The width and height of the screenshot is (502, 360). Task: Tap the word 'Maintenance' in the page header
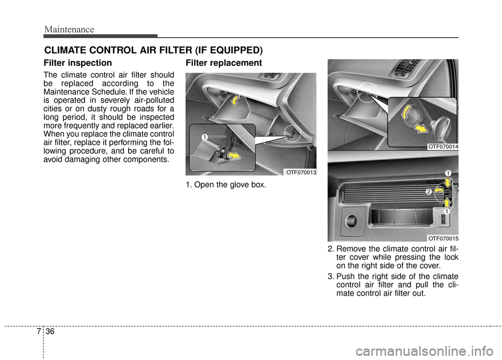[x=69, y=29]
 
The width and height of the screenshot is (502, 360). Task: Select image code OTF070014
[x=443, y=147]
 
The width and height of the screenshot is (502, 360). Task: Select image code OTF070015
[x=443, y=238]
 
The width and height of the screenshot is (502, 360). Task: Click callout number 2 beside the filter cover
[x=428, y=192]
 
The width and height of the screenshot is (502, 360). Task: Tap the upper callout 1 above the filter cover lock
[x=448, y=172]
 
